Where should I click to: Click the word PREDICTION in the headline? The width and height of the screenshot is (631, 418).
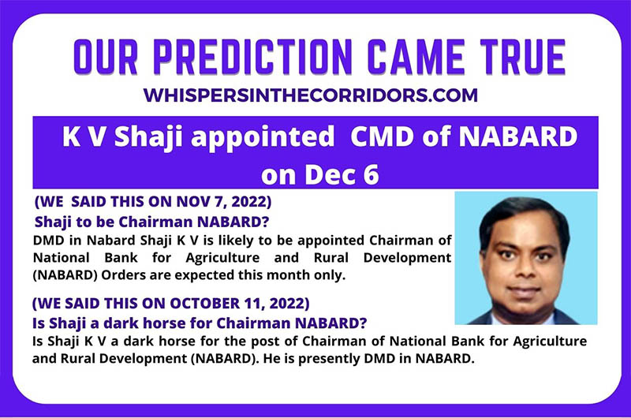tap(252, 57)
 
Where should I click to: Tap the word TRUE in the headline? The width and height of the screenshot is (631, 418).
tap(523, 57)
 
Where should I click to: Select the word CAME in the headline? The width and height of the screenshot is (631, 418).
tap(416, 57)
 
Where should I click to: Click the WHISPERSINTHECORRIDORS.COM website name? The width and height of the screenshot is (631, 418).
tap(310, 95)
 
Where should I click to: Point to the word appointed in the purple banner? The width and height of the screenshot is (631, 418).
tap(263, 137)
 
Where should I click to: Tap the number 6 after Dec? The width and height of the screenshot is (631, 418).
tap(371, 175)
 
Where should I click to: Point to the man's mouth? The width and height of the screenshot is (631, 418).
tap(524, 289)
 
